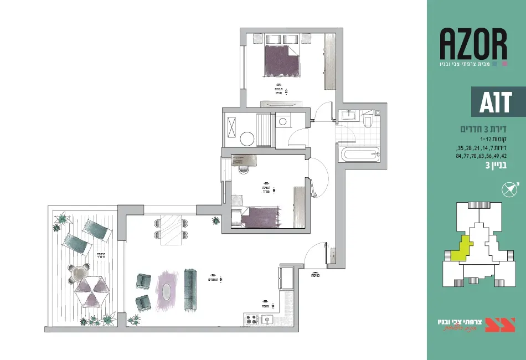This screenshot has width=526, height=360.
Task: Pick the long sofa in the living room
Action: pos(190,290)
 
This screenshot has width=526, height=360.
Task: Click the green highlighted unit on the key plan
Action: pos(461,248)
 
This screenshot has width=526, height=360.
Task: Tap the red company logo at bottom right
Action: pos(500,325)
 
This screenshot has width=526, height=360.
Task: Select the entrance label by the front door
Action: pos(316,275)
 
